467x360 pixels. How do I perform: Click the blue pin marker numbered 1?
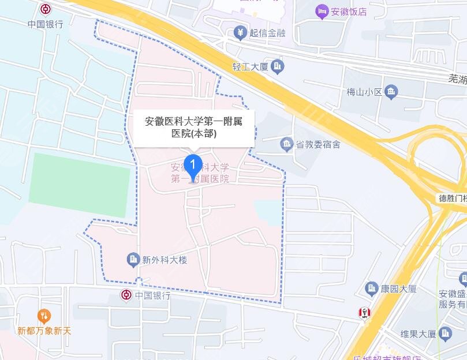193,165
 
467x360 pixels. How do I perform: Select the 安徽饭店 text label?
349,11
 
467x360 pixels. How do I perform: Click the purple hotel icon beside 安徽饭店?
322,11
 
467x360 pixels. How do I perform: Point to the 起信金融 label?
267,33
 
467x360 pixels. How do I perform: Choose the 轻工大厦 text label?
251,67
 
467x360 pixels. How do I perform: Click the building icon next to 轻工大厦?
278,67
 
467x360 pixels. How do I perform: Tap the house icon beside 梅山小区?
392,91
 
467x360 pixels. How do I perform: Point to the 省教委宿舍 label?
318,144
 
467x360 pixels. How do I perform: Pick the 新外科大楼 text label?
165,260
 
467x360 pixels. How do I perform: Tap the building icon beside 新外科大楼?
133,260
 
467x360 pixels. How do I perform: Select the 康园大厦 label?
399,288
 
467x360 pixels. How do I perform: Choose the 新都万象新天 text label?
44,331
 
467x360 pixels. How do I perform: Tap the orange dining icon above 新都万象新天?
44,316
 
